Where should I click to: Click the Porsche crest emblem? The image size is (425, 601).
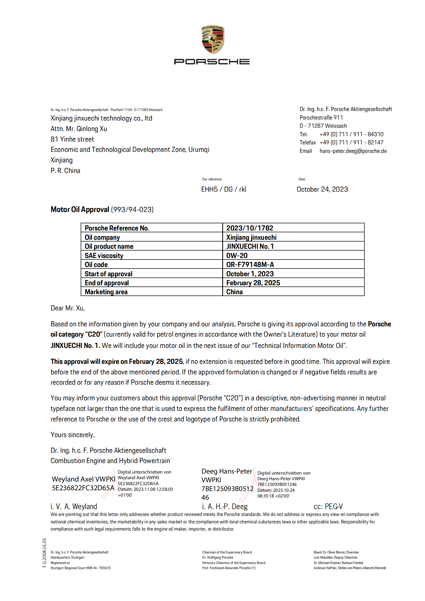tap(212, 40)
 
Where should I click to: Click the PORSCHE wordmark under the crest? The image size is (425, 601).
tap(212, 61)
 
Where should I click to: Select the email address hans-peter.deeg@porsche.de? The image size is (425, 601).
tap(353, 151)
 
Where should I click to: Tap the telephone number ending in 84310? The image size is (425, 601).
tap(351, 134)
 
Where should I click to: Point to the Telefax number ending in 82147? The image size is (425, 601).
tap(351, 143)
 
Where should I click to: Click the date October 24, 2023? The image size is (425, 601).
tap(322, 189)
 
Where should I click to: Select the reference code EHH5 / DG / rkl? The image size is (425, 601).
tap(224, 189)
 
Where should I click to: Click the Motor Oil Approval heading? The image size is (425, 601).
tap(80, 209)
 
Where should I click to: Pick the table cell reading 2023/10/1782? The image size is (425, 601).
tap(250, 228)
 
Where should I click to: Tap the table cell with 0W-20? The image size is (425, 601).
tap(237, 255)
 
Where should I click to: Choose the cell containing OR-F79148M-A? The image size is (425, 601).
tap(250, 265)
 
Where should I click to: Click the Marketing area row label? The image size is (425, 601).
tap(106, 292)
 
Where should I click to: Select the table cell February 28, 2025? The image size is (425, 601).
tap(253, 283)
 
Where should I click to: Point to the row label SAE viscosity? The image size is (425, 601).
tap(104, 255)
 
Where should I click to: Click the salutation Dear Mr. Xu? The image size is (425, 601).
tap(68, 308)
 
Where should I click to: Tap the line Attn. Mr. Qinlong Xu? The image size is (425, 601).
tap(79, 129)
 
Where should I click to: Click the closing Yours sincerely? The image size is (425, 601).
tap(72, 435)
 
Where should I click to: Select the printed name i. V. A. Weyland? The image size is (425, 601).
tap(74, 506)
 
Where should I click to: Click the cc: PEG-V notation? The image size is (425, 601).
tap(328, 506)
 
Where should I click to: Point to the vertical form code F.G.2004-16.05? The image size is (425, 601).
tap(44, 553)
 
